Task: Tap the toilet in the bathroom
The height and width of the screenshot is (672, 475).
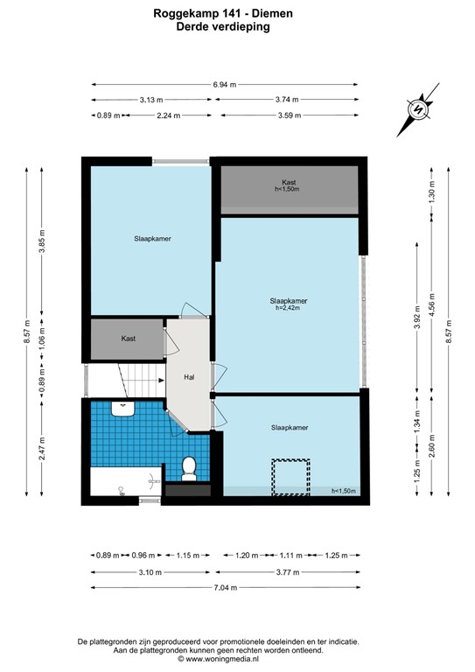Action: pos(186,470)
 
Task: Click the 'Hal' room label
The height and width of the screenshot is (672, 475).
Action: pos(188,377)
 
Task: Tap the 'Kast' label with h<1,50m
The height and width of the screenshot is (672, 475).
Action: pos(288,185)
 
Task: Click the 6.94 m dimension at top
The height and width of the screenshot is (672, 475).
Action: pos(225,84)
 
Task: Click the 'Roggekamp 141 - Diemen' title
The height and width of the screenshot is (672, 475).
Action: pos(224,13)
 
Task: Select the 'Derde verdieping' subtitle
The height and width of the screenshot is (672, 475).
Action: pos(224,26)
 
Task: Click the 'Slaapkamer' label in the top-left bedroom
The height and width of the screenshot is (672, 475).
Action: pos(151,238)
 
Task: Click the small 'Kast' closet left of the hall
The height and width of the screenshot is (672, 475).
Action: pos(128,338)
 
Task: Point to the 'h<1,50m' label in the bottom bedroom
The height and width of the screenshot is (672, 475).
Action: pos(344,492)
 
